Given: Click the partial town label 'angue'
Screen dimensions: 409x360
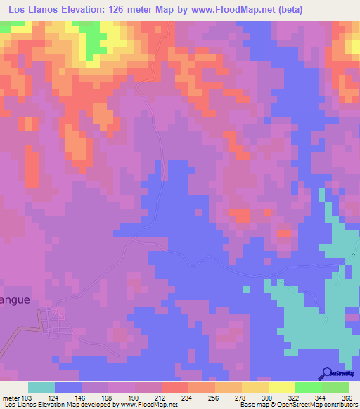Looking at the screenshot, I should point(15,299).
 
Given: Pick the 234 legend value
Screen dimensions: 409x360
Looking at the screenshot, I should point(188,398).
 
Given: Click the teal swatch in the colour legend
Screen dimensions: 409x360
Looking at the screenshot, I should point(41,387).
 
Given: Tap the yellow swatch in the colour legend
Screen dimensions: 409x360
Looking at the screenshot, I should point(255,387).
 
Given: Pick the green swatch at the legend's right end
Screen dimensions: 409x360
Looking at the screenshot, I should point(335,387).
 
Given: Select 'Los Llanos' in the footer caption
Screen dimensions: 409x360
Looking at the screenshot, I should point(18,405).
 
